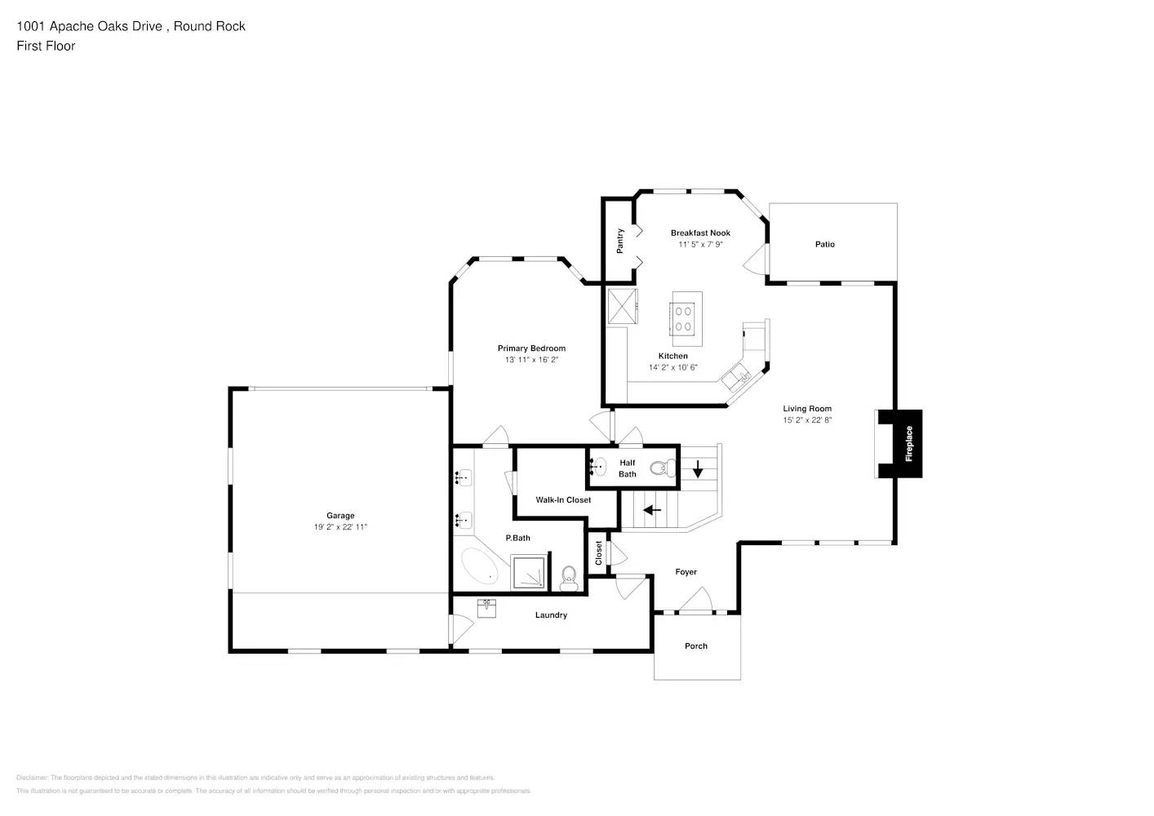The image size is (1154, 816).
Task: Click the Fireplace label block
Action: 908,444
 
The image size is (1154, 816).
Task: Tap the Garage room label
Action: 340,516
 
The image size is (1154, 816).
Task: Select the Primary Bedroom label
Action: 531,348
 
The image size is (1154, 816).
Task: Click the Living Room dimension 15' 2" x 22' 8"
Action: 807,420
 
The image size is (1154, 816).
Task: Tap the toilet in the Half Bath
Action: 660,468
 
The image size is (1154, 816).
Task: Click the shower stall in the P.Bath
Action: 530,572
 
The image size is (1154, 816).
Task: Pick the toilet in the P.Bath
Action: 569,579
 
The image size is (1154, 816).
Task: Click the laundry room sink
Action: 486,608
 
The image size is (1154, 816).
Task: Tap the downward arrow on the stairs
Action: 698,469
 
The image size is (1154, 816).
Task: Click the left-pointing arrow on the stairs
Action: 652,511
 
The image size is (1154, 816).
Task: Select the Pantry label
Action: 620,241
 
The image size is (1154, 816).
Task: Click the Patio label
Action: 824,244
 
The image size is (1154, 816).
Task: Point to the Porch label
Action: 696,646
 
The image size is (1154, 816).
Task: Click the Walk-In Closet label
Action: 563,500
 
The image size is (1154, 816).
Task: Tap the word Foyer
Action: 686,572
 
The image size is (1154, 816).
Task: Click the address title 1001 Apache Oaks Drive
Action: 131,26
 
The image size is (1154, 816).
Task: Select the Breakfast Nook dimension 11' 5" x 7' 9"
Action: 700,244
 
